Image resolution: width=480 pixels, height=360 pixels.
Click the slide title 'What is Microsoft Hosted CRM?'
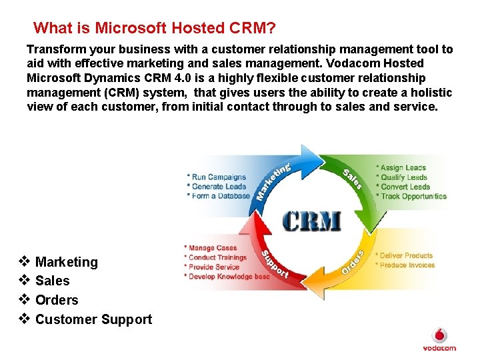[x=154, y=28]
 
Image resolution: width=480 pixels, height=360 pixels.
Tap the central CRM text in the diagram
[x=311, y=221]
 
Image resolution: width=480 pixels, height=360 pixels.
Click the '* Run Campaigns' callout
[x=216, y=177]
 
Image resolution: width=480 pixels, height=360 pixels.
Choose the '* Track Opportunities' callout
[x=411, y=197]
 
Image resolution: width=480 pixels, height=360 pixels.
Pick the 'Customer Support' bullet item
[x=93, y=319]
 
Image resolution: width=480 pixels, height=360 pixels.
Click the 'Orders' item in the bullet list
[x=57, y=300]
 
